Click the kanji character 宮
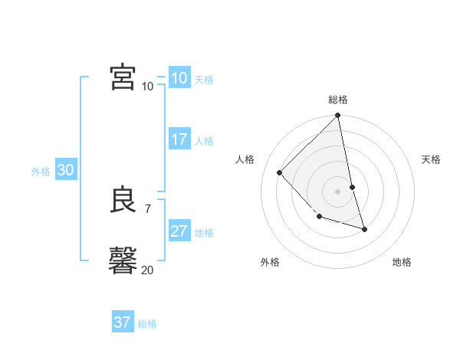123,77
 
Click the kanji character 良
123,200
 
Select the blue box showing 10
179,78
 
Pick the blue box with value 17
179,139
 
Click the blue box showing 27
179,231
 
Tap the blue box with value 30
65,171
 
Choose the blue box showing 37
122,322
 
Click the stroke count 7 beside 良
148,208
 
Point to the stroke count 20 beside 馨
148,270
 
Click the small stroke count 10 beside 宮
148,86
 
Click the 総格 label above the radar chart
337,100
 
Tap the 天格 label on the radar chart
431,159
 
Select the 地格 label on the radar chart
402,262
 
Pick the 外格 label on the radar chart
270,262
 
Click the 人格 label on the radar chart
245,159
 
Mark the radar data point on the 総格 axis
337,116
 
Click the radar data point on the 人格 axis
280,172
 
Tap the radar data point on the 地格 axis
364,229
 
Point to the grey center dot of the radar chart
337,191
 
